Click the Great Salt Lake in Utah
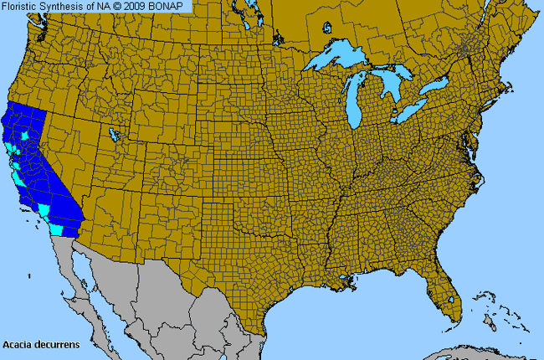tap(114, 134)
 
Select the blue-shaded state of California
tap(38, 167)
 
